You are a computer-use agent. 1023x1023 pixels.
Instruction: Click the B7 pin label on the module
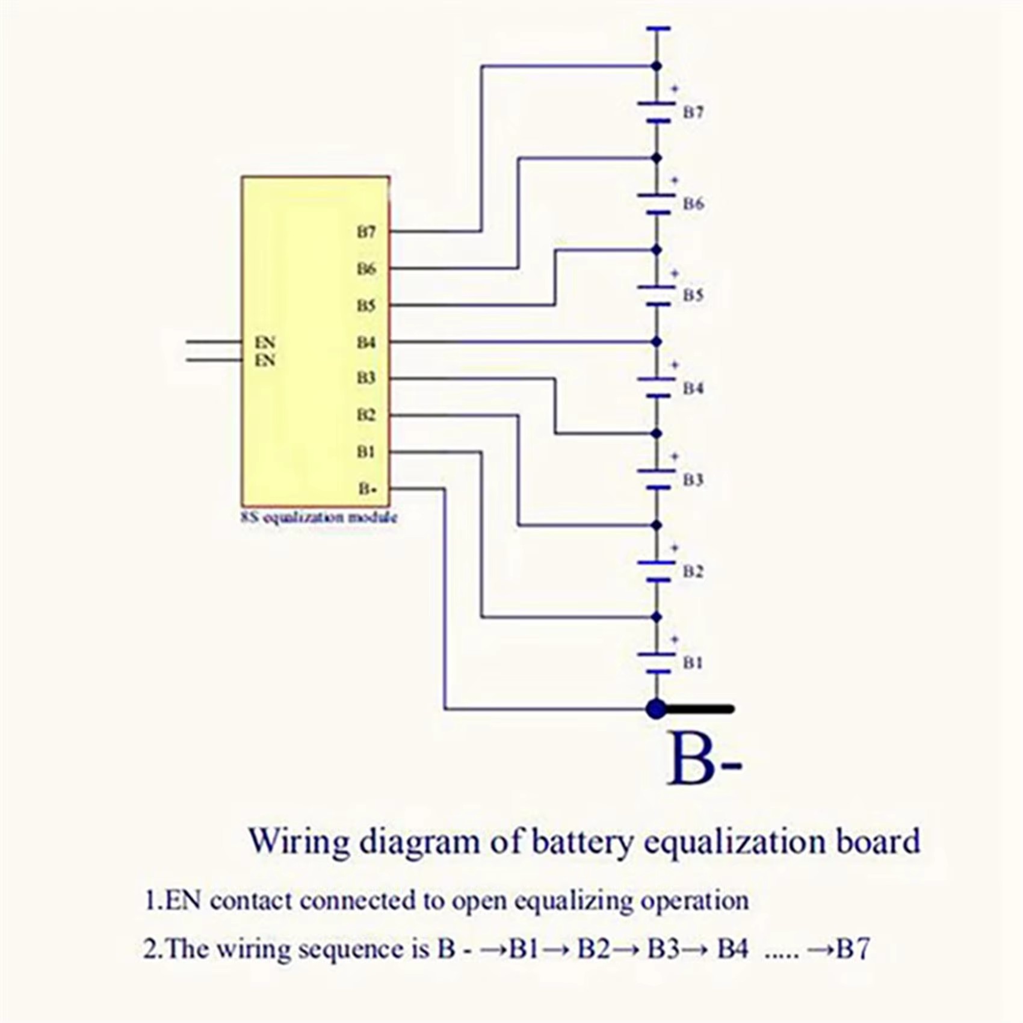[366, 232]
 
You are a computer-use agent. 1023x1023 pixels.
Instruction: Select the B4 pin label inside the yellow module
[366, 342]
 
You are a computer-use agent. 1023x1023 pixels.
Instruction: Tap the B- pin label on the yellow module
[366, 489]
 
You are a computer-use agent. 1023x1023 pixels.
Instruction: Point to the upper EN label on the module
[265, 342]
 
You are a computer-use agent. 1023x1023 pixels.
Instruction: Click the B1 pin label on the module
[366, 452]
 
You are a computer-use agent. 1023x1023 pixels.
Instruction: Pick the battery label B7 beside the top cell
[693, 113]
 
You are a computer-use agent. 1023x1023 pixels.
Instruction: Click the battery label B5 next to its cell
[693, 295]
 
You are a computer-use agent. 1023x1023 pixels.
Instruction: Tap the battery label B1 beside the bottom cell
[693, 663]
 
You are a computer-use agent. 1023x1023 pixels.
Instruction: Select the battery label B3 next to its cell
[693, 480]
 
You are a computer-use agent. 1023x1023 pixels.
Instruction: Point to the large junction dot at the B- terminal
[657, 709]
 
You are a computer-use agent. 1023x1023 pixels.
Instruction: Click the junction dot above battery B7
[657, 66]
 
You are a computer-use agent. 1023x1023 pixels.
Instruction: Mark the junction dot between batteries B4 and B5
[657, 342]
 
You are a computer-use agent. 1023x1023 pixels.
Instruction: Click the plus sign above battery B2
[675, 548]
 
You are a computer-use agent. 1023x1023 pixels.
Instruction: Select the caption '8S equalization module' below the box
[319, 518]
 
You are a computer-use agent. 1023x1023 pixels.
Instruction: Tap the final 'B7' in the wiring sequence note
[853, 949]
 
